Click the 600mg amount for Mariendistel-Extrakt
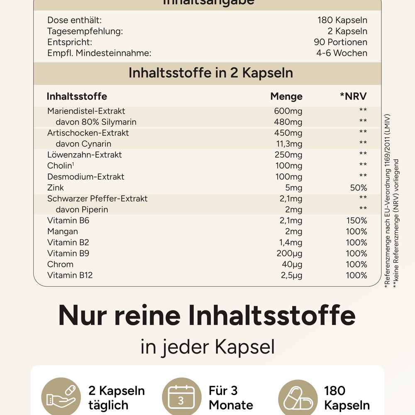(288, 111)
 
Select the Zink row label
(56, 188)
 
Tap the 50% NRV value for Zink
(359, 188)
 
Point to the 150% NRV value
(356, 220)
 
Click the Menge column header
(286, 97)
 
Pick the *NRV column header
(354, 97)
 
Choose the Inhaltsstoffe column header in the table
(77, 97)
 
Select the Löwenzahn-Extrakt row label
(85, 155)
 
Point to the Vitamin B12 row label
(70, 275)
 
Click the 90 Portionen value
(340, 42)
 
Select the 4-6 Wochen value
(342, 53)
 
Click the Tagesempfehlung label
(85, 31)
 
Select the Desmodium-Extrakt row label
(86, 177)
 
